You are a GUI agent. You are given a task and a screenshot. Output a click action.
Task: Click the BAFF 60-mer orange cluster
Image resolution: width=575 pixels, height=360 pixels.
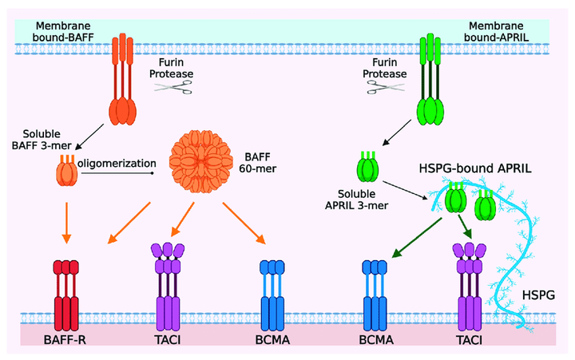pos(200,161)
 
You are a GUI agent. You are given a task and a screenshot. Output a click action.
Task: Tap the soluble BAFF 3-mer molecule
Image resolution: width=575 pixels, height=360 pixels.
pos(67,171)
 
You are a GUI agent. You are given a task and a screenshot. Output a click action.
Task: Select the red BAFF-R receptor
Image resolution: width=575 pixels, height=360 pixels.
pos(66,295)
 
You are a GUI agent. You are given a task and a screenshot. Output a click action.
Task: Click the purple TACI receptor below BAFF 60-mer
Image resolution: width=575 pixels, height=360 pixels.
pos(168,287)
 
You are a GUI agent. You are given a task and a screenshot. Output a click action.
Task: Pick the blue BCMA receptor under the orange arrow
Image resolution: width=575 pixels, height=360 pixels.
pos(272,295)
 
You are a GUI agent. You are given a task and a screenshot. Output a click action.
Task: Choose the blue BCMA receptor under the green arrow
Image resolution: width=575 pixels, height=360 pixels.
pos(375,295)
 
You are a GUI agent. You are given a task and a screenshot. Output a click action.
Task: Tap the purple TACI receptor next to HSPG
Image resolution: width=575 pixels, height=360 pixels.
pos(470,287)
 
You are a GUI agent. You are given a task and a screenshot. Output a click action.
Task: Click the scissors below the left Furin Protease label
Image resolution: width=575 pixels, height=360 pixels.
pos(173,88)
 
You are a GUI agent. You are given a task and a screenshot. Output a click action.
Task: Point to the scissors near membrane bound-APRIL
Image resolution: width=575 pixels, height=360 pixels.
pos(386,87)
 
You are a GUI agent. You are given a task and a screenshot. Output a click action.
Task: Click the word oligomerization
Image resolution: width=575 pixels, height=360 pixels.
pos(117,163)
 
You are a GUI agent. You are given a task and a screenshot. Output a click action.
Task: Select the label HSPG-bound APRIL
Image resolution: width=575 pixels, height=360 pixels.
pos(475,168)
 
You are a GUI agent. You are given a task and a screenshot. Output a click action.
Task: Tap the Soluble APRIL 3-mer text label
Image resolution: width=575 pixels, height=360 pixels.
pos(356,200)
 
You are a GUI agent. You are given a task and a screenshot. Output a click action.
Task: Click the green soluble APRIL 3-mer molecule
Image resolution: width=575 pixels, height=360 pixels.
pos(368,167)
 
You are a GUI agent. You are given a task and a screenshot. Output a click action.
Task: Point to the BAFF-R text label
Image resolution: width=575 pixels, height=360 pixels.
pos(65,340)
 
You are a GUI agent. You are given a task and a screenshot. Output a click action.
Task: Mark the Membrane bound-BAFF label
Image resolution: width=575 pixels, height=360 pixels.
pos(63,31)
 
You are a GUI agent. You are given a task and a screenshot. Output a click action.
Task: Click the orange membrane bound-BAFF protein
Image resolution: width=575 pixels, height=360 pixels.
pos(122,80)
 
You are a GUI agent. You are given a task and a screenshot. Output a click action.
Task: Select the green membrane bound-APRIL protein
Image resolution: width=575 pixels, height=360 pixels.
pos(430,80)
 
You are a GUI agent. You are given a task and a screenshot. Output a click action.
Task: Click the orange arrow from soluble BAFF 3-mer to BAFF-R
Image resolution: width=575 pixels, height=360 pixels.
pos(66,223)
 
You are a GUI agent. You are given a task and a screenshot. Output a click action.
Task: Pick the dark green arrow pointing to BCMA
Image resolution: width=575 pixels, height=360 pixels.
pos(417,238)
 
